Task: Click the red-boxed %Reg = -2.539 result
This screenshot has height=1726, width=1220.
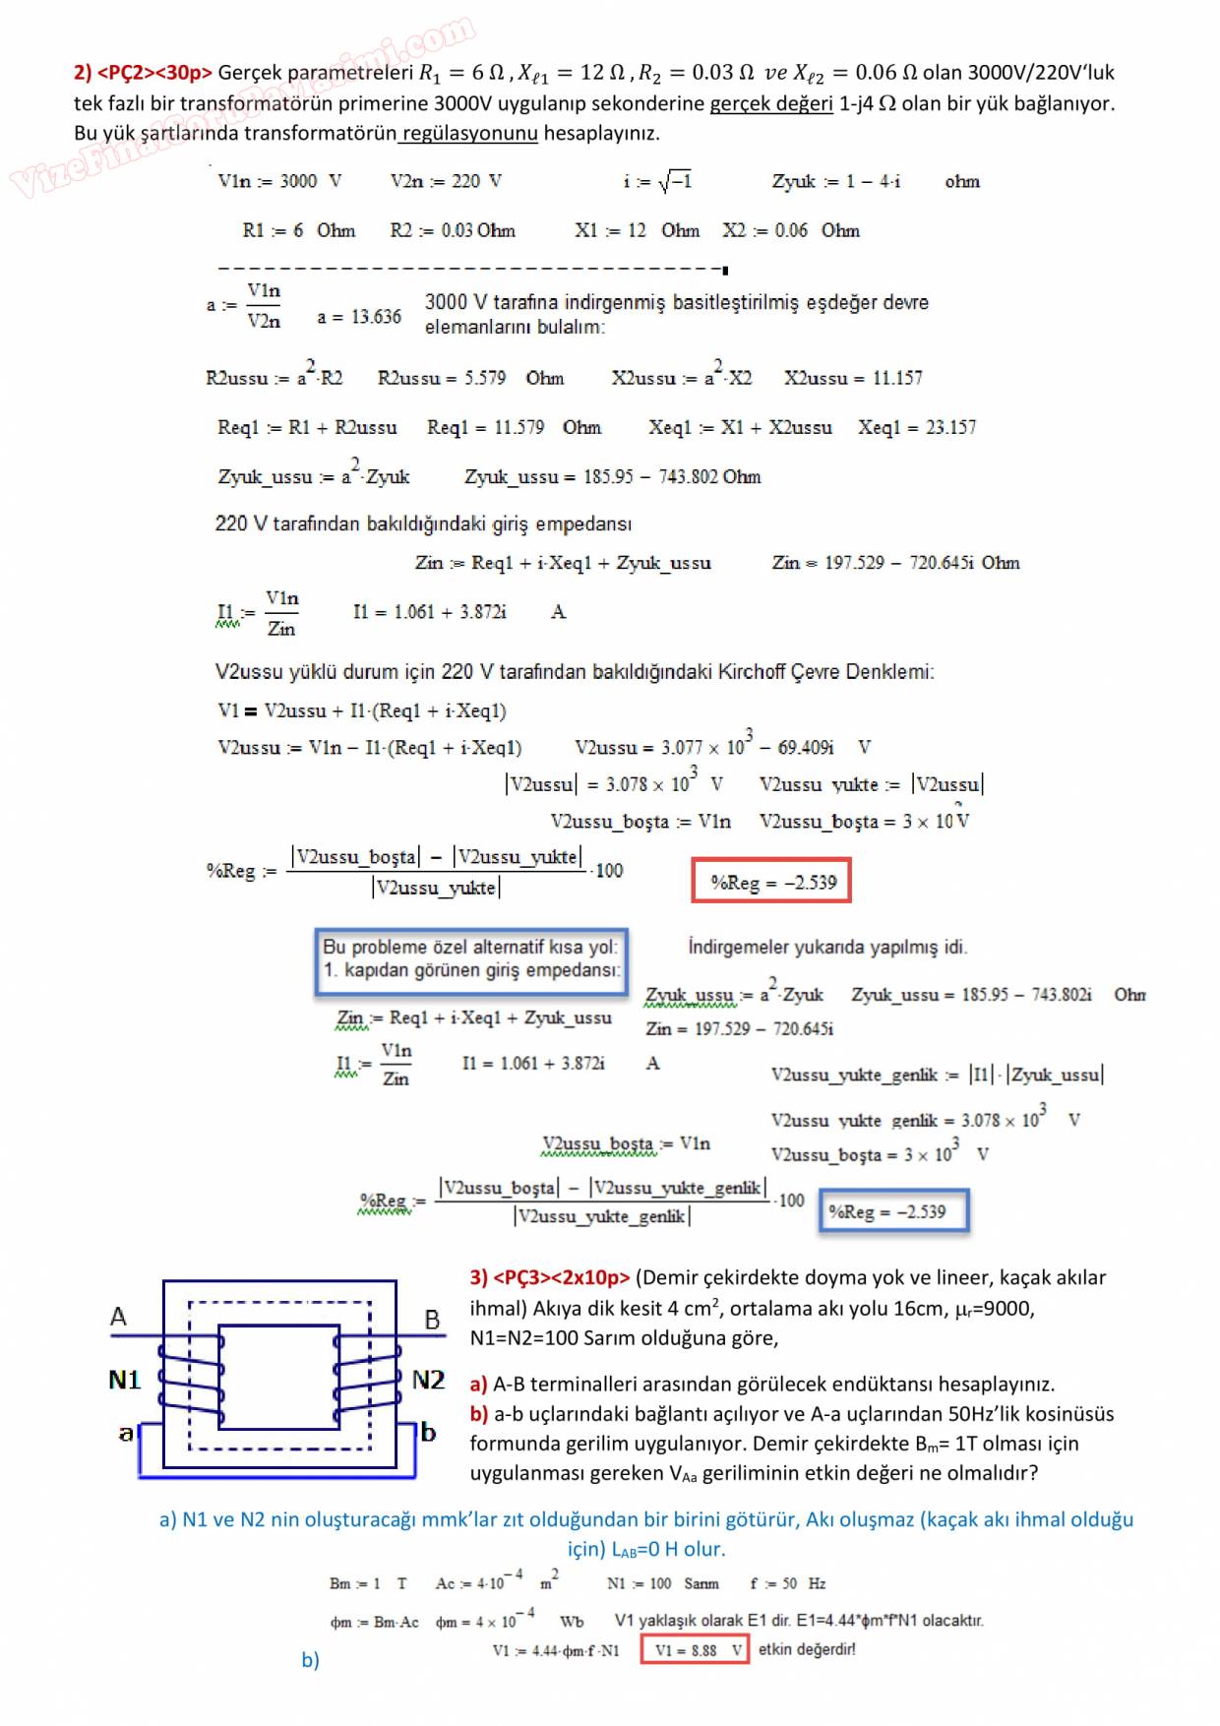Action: [x=771, y=881]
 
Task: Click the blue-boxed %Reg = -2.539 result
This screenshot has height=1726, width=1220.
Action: [x=893, y=1211]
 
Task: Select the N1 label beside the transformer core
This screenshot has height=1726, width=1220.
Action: [x=125, y=1380]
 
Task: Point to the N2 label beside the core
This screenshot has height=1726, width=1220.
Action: [x=428, y=1380]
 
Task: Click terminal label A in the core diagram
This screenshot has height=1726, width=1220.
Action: [x=118, y=1317]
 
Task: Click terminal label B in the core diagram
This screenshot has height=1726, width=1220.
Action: [x=432, y=1320]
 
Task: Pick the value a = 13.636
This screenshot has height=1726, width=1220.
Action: [x=359, y=317]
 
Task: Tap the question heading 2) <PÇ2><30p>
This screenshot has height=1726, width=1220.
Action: [x=143, y=72]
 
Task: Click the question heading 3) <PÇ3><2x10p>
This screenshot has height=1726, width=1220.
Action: [x=549, y=1277]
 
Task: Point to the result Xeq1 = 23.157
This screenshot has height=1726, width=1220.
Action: [x=916, y=427]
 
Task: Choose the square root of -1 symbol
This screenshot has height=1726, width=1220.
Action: [x=674, y=181]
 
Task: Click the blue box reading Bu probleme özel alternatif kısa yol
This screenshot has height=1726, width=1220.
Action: [x=471, y=958]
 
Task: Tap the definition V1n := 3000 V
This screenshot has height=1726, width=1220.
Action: [x=279, y=181]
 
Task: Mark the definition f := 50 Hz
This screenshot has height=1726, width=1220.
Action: [x=787, y=1583]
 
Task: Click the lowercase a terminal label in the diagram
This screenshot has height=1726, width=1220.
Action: [x=125, y=1433]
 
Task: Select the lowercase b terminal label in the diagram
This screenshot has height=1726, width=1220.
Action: [x=428, y=1432]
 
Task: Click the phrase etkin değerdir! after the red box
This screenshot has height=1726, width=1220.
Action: [x=807, y=1649]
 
